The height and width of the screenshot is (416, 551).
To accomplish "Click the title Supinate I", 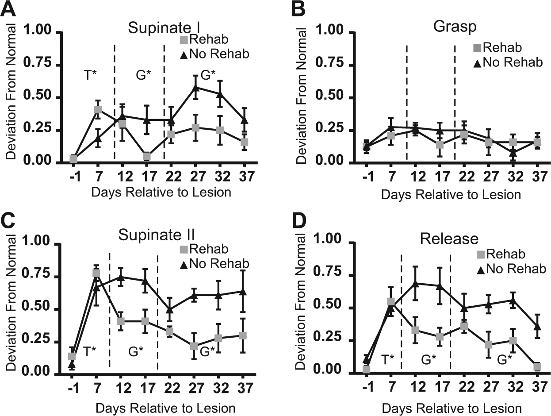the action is point(164,27).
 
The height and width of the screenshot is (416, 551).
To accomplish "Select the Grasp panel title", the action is point(455,27).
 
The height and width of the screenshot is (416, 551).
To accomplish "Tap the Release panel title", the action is point(449,239).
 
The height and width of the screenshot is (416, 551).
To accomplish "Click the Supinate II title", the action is point(157,235).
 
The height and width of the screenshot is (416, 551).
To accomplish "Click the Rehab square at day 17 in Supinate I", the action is point(147,156).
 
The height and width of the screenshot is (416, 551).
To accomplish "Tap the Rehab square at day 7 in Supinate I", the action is point(98,109).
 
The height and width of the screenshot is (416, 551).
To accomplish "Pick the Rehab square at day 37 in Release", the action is point(537,366).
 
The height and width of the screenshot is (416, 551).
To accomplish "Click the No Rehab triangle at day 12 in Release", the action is point(415,283).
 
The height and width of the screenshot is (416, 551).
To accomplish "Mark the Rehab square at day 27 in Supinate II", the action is point(194,346).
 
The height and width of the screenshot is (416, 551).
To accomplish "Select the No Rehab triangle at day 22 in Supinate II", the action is point(170,309).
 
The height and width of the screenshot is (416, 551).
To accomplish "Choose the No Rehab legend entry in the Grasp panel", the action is point(508,62).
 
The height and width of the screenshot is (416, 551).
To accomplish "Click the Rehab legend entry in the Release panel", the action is point(501,254).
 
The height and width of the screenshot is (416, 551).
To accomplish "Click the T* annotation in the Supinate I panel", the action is point(90,75).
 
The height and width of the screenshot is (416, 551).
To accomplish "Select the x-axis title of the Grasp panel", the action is point(451,194).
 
